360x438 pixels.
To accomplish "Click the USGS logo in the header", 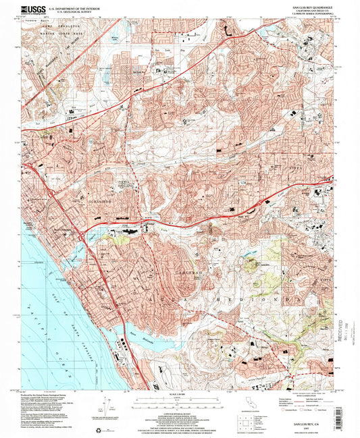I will click(33, 10).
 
